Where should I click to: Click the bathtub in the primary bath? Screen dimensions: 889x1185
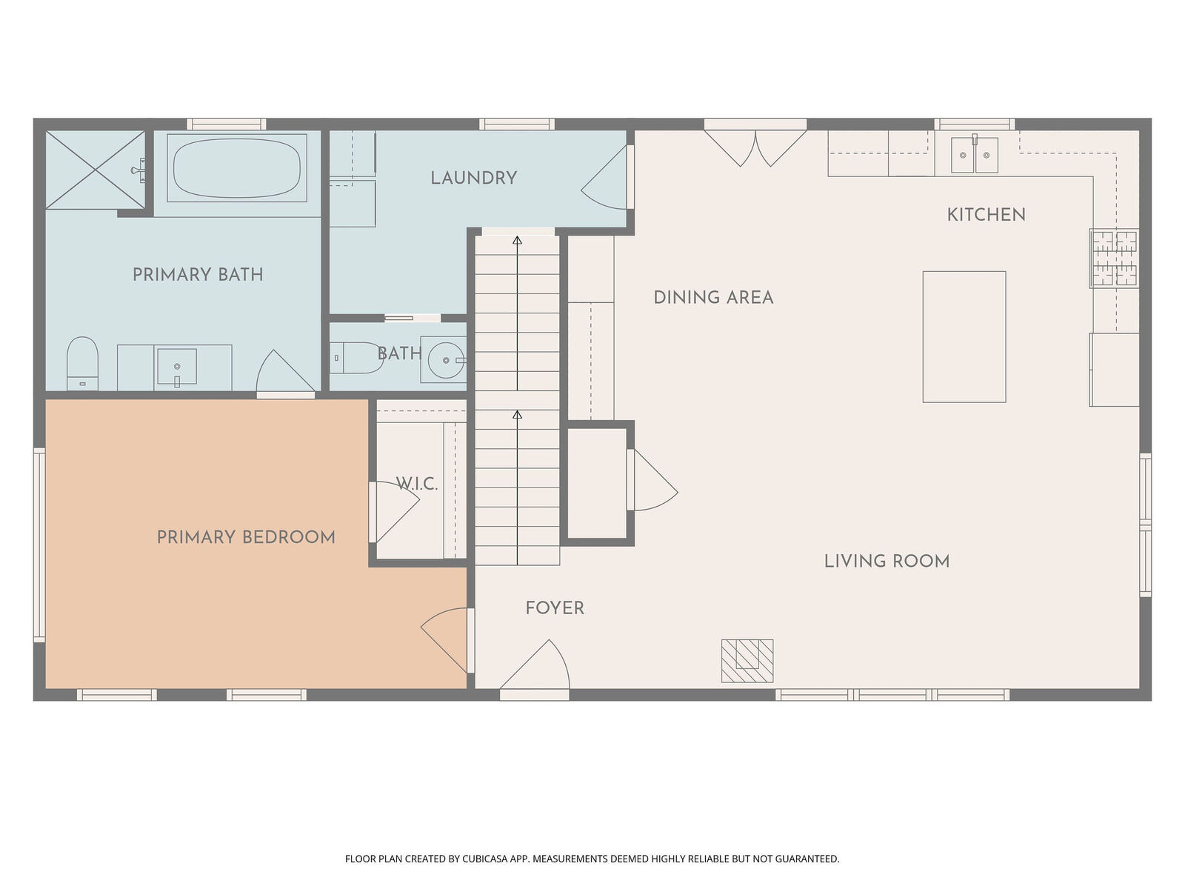236,167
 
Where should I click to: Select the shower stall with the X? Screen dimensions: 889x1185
95,170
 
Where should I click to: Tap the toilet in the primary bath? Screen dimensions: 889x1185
82,362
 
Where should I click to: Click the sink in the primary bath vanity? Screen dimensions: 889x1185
177,367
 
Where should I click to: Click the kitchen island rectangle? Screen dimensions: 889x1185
964,337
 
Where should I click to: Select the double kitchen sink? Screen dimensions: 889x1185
974,155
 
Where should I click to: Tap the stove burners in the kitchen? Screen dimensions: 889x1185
1113,258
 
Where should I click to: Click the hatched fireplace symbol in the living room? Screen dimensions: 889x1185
747,660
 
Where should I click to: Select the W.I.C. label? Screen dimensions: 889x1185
417,485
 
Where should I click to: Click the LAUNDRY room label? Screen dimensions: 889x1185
474,178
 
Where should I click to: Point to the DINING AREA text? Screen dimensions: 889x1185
713,298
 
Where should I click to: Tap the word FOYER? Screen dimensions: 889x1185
555,608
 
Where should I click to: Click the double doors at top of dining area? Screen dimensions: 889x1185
755,147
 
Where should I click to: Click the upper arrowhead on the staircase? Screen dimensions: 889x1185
517,240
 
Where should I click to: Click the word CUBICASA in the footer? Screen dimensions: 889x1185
484,859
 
